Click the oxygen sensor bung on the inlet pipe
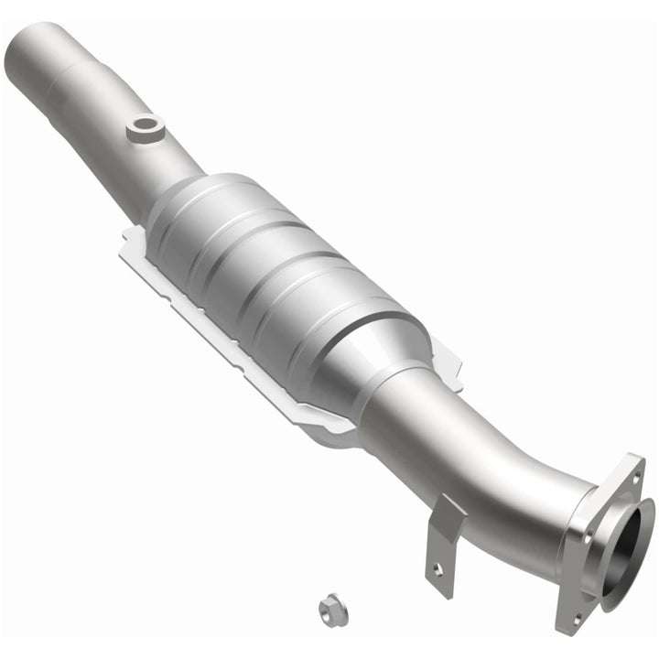[x=145, y=129]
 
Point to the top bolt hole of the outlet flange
[x=631, y=475]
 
